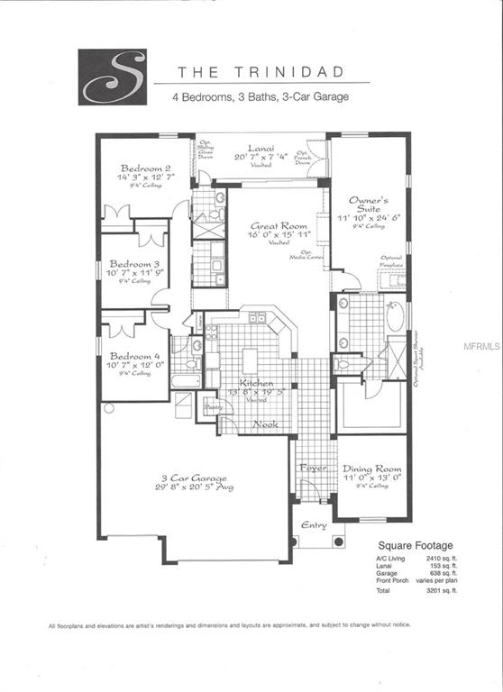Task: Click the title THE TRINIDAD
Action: pyautogui.click(x=238, y=71)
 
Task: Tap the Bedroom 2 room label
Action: pyautogui.click(x=147, y=168)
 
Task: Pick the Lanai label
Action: pyautogui.click(x=263, y=148)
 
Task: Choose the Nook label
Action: pyautogui.click(x=263, y=424)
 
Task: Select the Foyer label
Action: pyautogui.click(x=312, y=469)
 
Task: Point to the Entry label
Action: pyautogui.click(x=315, y=526)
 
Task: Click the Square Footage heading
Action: pyautogui.click(x=415, y=545)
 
